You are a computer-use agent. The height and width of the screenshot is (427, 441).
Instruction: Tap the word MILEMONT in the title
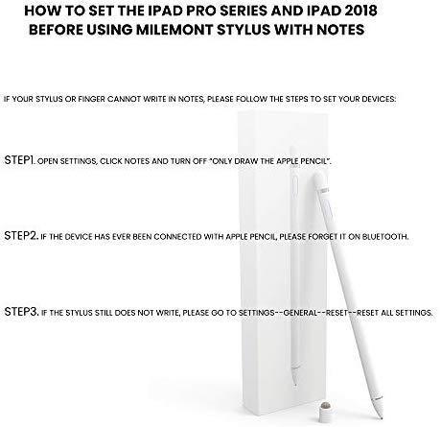(x=175, y=30)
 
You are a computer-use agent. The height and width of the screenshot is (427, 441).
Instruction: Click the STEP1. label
(x=19, y=160)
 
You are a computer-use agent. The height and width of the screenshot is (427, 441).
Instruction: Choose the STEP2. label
(x=21, y=236)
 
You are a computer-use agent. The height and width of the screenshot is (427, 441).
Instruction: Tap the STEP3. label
(x=21, y=312)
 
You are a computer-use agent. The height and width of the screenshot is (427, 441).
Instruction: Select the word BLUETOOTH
(x=385, y=237)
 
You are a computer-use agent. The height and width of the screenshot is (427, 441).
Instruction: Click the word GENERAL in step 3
(x=300, y=313)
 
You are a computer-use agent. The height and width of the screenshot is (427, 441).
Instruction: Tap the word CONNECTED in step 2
(x=177, y=237)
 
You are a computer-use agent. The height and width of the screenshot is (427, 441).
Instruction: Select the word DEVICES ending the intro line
(x=379, y=99)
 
